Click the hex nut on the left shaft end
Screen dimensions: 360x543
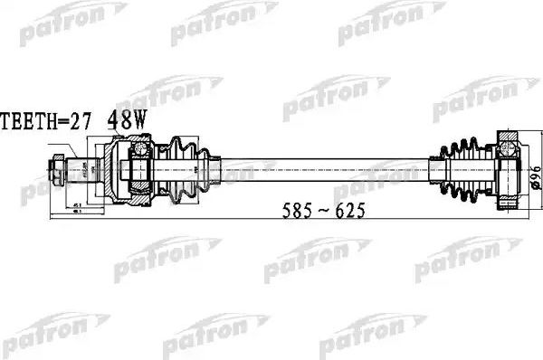coord(59,166)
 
